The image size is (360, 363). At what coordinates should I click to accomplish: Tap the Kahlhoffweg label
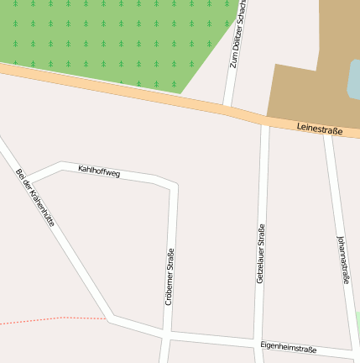coord(99,171)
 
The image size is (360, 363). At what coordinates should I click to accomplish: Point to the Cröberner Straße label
coord(170,277)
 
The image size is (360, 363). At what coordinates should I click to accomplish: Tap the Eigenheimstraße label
coord(288,346)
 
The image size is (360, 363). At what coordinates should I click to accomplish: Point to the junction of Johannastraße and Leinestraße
coord(328,132)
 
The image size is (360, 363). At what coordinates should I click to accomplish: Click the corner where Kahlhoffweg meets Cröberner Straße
coord(174,183)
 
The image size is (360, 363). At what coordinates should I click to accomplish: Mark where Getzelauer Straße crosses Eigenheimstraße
coord(259,345)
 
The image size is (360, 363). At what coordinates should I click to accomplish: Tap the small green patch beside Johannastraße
coord(357,324)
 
